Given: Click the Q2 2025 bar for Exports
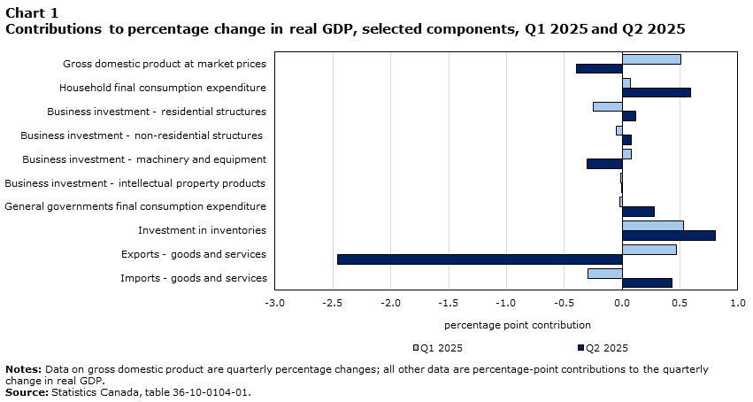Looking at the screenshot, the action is click(480, 259).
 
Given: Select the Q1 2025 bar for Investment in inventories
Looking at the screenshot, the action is click(653, 226).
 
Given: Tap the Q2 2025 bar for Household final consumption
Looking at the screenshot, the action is click(657, 92).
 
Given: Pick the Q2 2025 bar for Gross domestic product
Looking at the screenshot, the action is click(599, 69).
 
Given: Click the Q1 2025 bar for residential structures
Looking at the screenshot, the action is click(608, 106).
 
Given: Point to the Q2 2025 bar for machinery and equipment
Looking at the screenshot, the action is click(604, 164).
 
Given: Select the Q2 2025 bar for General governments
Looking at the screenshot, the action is click(638, 212).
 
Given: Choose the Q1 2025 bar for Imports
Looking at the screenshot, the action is click(605, 274).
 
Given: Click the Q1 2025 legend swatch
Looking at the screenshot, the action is click(416, 348).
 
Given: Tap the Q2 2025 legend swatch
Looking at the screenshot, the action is click(581, 348).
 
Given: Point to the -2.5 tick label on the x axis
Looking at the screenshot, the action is click(333, 303).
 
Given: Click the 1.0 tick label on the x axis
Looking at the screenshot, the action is click(738, 303).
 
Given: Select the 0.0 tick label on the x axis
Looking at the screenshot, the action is click(622, 303).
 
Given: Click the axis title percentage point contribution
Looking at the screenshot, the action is click(518, 325).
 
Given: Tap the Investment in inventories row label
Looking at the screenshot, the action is click(202, 230).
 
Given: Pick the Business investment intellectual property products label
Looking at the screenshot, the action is click(135, 183).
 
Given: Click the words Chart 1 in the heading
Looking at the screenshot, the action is click(32, 13).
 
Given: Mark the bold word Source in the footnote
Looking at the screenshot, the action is click(27, 392).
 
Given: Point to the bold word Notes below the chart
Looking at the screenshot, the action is click(24, 369).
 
